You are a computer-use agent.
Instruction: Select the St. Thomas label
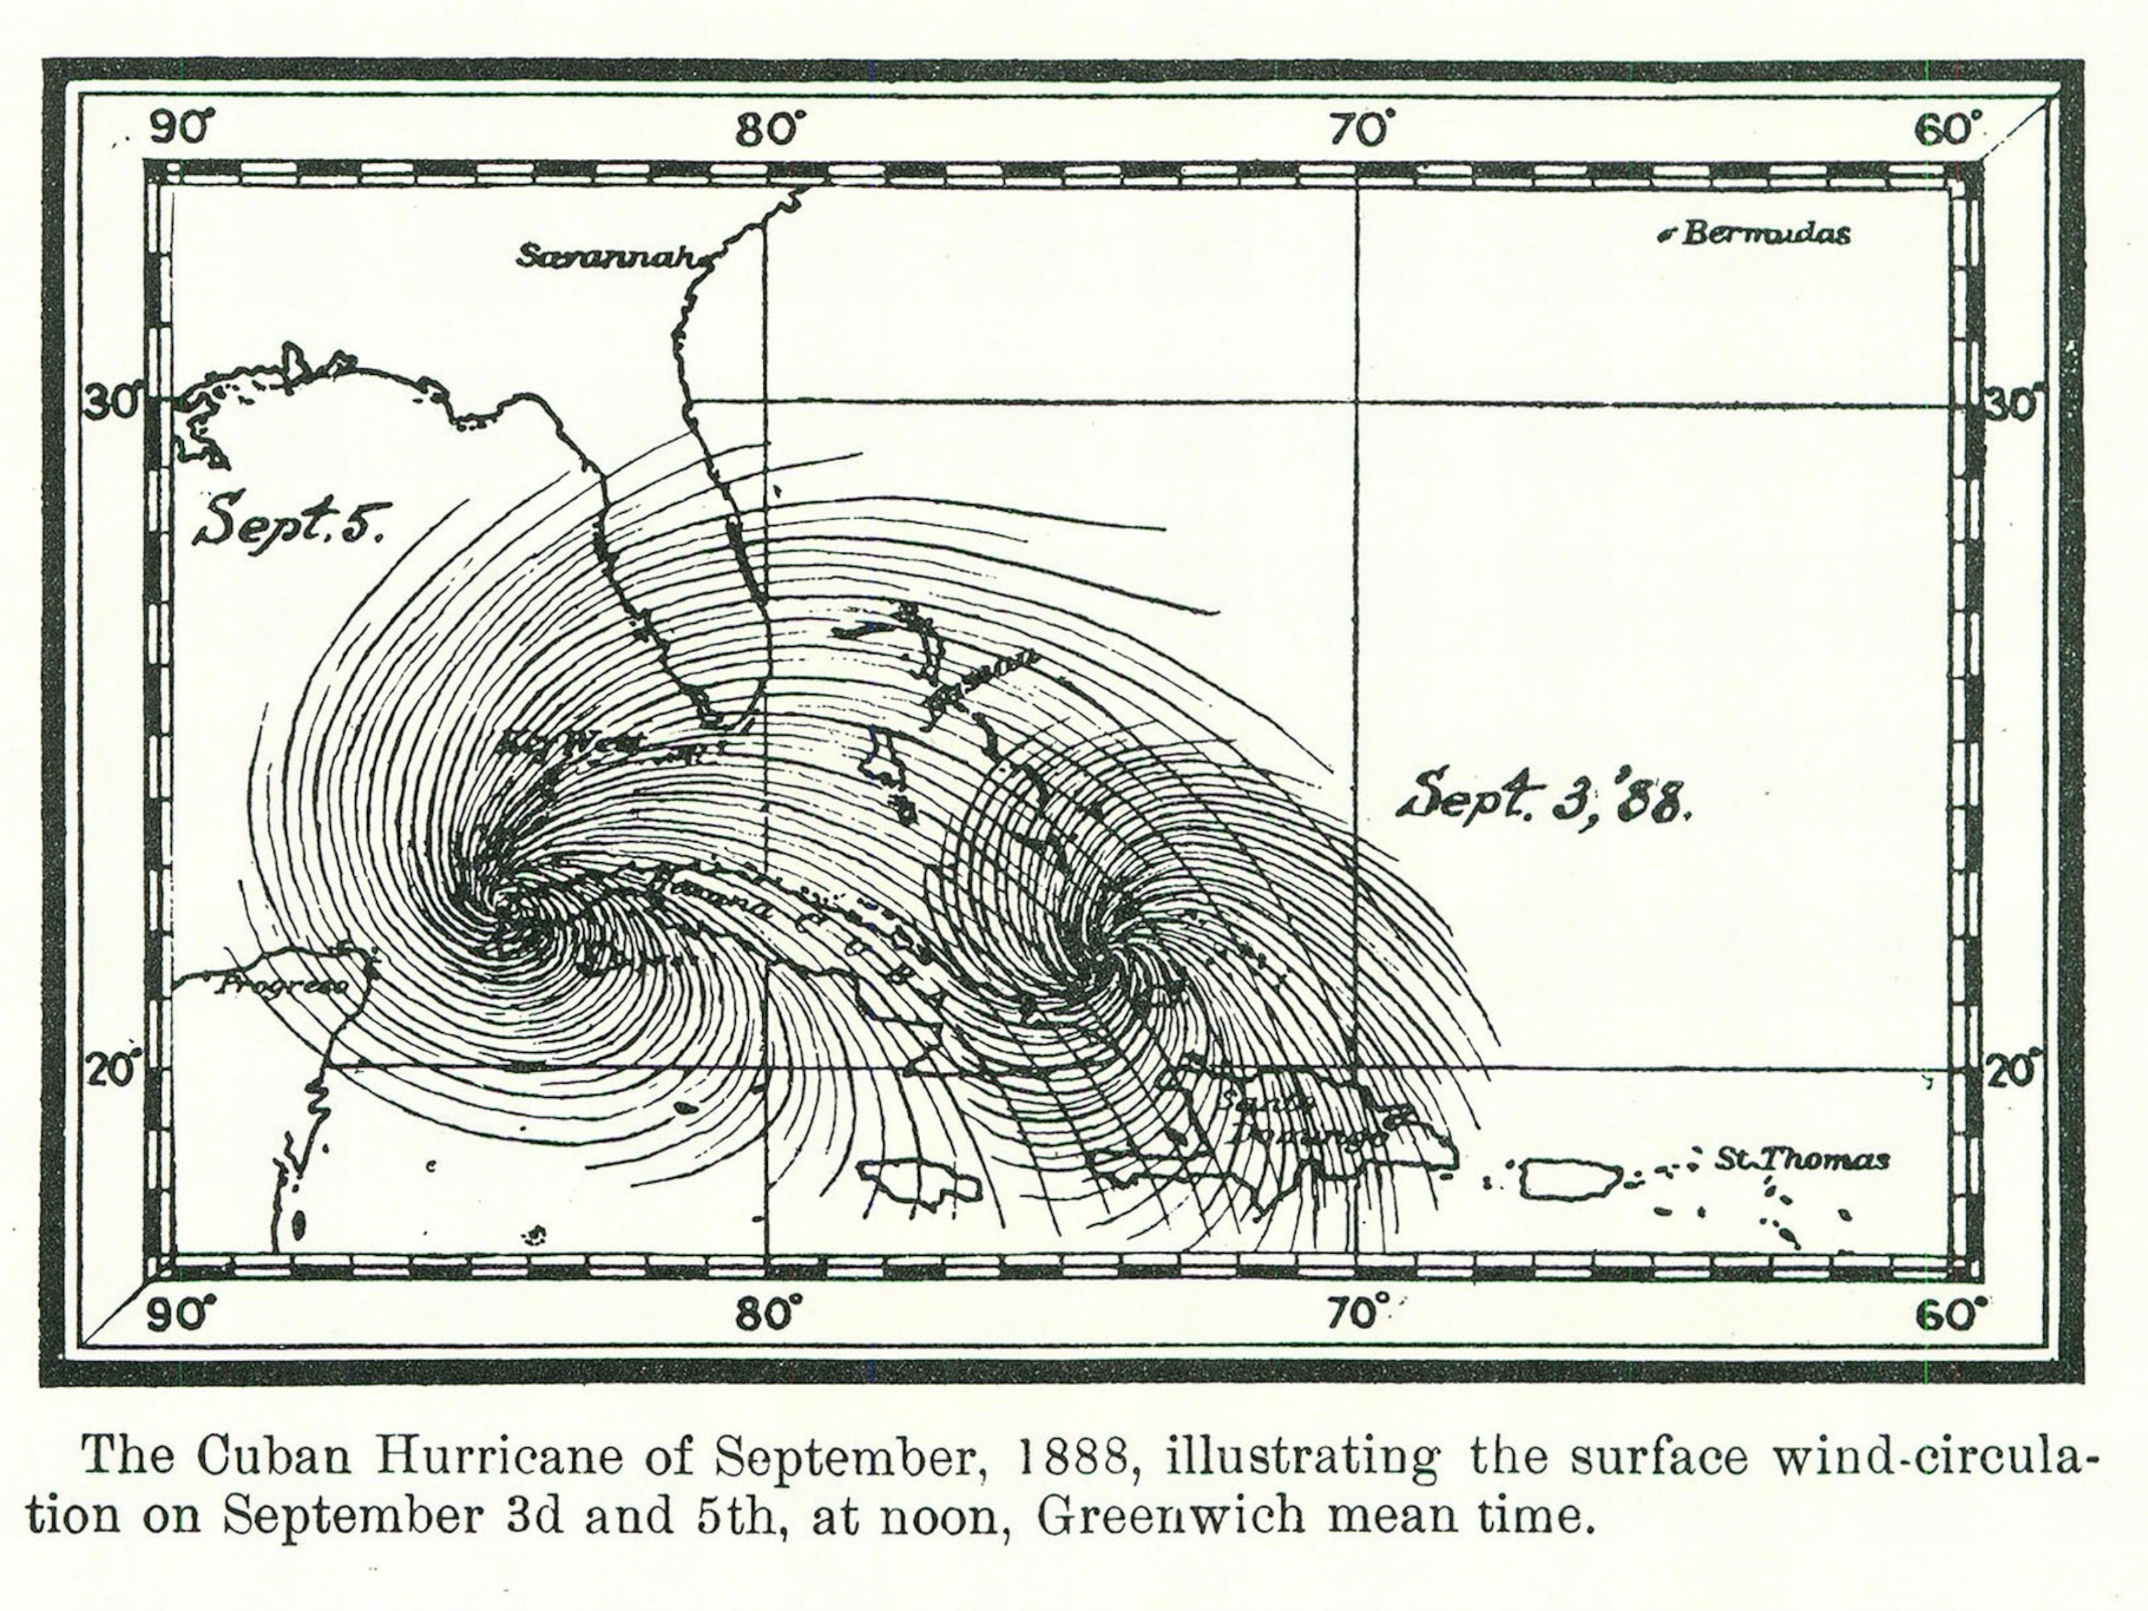click(x=1800, y=1159)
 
